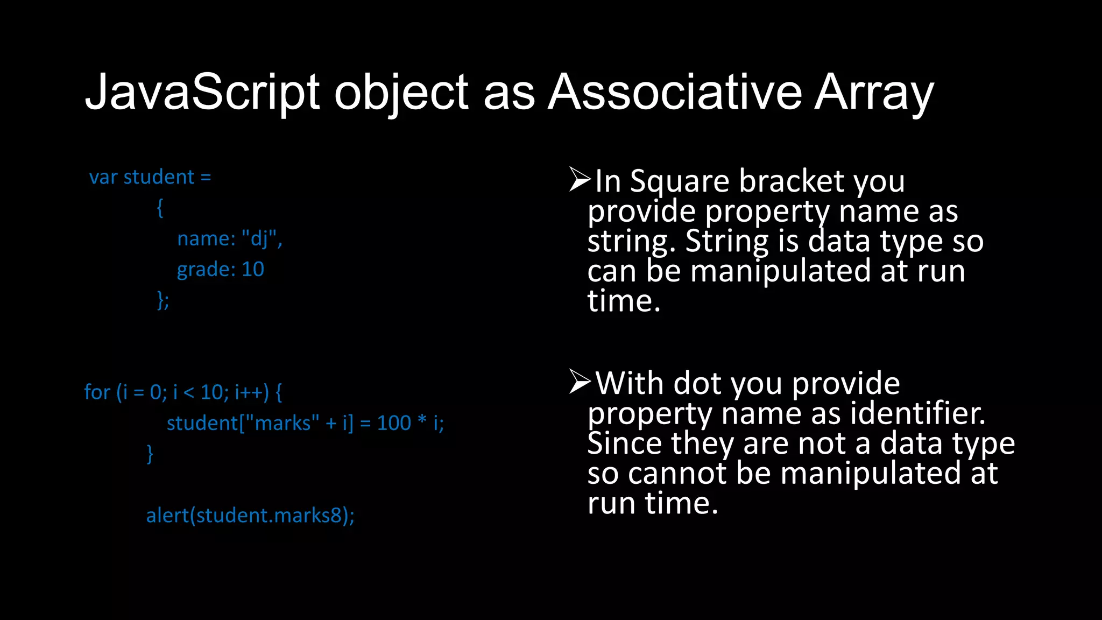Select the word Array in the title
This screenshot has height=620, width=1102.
pos(874,93)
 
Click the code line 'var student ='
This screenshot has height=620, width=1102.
pos(150,177)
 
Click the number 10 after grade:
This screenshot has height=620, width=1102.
pos(253,269)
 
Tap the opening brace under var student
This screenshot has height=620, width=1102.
pos(160,208)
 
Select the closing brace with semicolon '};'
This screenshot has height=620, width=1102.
pos(163,300)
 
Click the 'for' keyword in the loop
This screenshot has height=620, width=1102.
pos(97,392)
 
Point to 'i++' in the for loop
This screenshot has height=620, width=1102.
pos(251,392)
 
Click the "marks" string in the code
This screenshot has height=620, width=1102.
pos(282,423)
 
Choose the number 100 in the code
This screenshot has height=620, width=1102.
pos(394,423)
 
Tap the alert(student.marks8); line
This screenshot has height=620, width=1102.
pos(250,516)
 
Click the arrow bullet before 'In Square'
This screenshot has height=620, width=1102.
pos(580,179)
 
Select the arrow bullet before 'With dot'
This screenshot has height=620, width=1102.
pos(580,382)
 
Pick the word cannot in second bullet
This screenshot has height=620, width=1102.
pos(677,474)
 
